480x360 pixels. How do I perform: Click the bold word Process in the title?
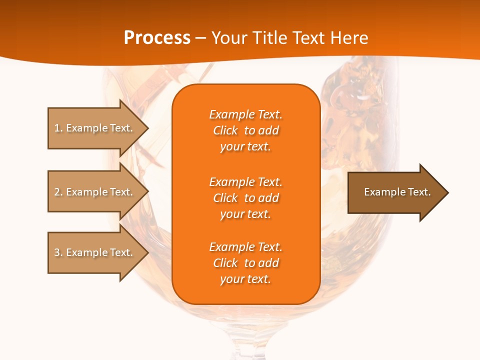[157, 38]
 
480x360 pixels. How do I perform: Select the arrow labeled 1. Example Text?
[95, 128]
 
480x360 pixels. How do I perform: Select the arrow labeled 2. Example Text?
[95, 192]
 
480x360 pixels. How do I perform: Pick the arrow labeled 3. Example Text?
[95, 252]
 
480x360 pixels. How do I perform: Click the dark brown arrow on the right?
[395, 192]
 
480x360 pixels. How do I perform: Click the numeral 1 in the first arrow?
[57, 128]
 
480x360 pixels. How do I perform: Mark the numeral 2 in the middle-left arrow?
[57, 192]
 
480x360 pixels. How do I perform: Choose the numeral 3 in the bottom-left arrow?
[57, 252]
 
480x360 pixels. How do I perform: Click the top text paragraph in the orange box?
[245, 130]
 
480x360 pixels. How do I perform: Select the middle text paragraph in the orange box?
[245, 198]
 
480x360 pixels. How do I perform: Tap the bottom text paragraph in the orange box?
[245, 263]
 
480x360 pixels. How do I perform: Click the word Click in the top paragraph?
[225, 130]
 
